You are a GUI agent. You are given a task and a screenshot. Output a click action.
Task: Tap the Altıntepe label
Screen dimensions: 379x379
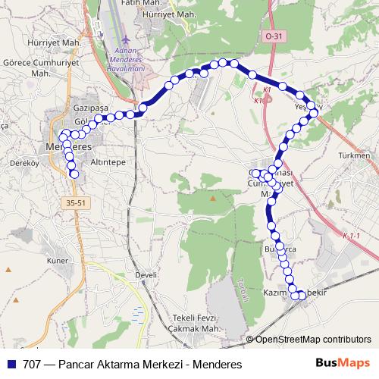point(108,162)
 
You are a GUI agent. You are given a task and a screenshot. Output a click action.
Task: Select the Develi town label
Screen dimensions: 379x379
point(145,275)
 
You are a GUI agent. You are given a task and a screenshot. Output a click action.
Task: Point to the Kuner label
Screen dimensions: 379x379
point(58,260)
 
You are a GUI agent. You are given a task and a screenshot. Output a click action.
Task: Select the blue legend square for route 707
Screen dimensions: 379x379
point(11,364)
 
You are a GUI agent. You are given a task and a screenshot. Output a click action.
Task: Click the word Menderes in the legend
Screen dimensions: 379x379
point(215,364)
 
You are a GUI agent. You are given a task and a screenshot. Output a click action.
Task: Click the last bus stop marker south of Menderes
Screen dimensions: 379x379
point(74,174)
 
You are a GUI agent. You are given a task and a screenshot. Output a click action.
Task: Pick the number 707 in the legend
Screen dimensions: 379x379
point(33,364)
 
